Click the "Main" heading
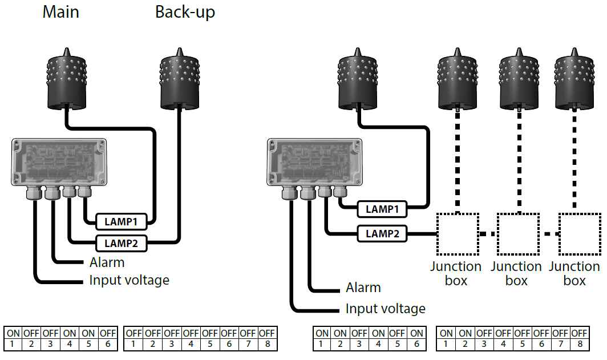61,11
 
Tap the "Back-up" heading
185,13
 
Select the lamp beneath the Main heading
66,79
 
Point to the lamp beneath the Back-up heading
180,79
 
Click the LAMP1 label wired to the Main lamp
121,222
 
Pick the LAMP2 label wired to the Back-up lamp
121,244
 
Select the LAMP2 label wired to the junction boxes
382,234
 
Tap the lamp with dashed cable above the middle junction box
519,79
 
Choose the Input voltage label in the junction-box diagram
386,309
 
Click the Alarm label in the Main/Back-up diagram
107,262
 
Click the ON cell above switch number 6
416,333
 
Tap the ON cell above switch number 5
88,333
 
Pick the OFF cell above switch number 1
133,333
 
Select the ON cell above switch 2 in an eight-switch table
465,333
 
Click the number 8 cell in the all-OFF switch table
268,344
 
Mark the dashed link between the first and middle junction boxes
488,234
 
